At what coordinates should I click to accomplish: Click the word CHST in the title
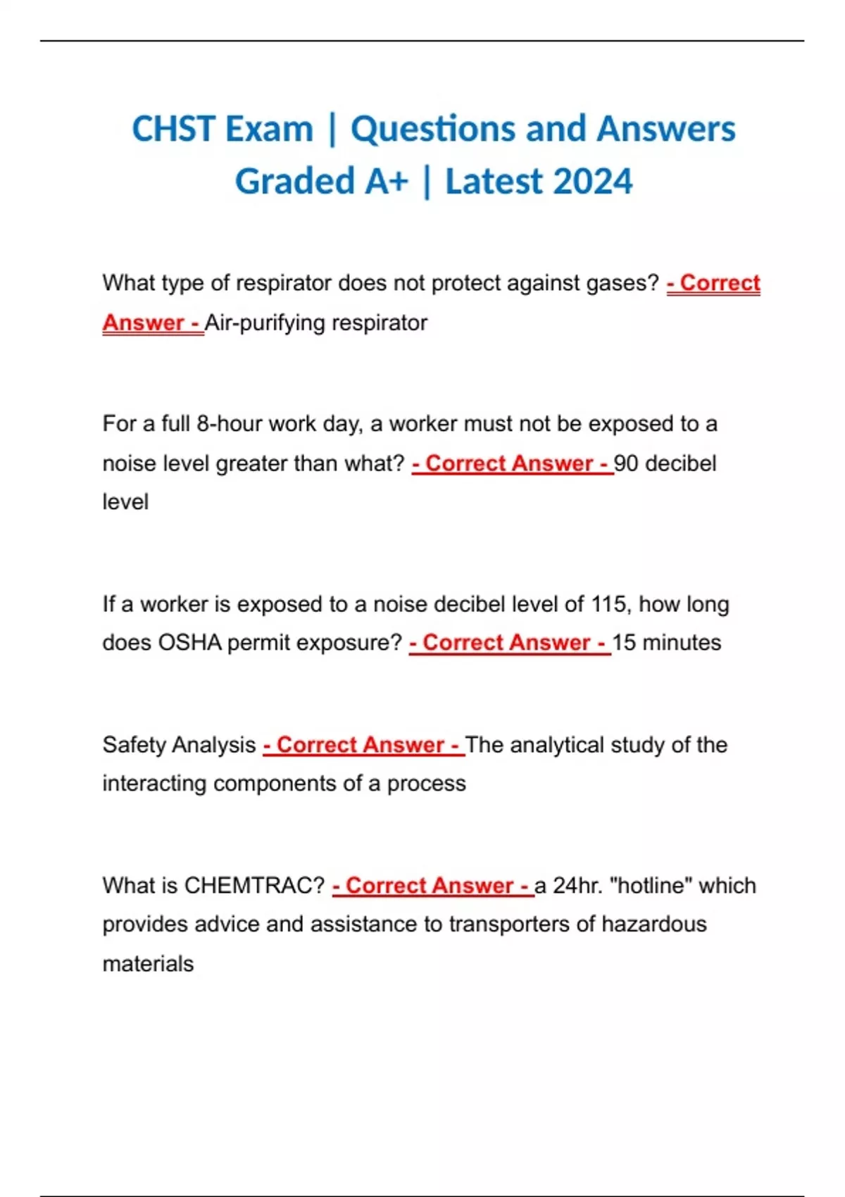(173, 130)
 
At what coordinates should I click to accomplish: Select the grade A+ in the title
(387, 182)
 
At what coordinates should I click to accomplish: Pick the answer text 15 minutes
(666, 643)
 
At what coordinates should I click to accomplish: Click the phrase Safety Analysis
(179, 745)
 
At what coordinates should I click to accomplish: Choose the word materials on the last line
(148, 964)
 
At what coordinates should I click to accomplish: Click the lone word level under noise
(125, 503)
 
